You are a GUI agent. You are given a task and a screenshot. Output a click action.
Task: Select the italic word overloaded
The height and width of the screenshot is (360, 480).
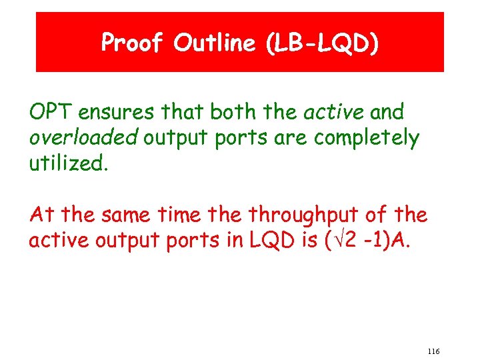83,138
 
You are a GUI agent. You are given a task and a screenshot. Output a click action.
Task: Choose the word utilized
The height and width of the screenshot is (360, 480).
67,164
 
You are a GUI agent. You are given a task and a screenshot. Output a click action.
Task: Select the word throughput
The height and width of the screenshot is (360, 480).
300,215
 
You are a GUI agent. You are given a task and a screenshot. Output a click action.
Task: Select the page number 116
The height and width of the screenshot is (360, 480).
433,351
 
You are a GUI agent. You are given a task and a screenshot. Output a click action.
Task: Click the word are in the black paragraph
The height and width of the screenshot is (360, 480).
289,138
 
